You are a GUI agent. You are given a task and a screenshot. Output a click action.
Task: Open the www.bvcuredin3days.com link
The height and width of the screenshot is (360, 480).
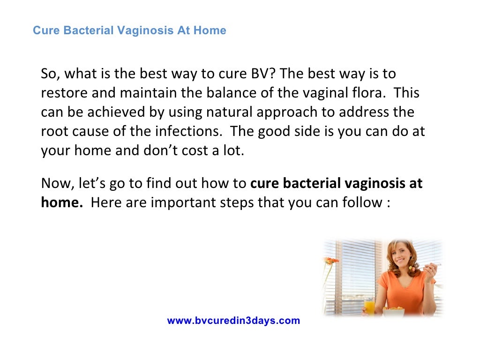233,321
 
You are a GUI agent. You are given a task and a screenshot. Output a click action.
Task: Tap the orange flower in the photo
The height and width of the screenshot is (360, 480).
332,261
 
